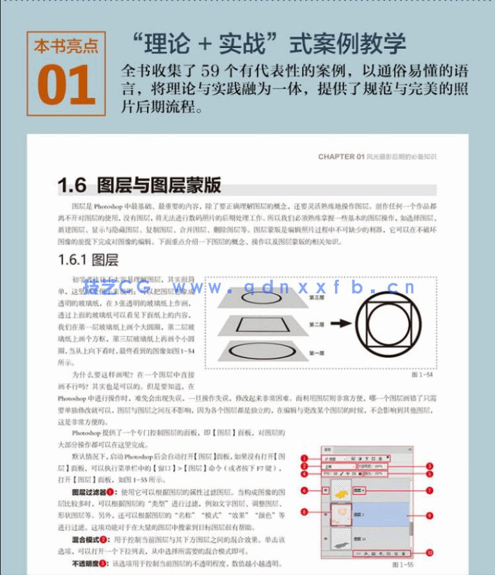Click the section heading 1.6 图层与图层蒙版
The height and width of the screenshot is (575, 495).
tap(139, 186)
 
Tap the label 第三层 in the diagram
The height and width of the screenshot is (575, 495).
tap(316, 297)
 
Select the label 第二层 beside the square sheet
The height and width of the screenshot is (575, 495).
tap(316, 325)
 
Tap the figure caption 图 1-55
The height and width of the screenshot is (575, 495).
tap(402, 566)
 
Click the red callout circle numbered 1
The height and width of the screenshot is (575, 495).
tap(305, 459)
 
